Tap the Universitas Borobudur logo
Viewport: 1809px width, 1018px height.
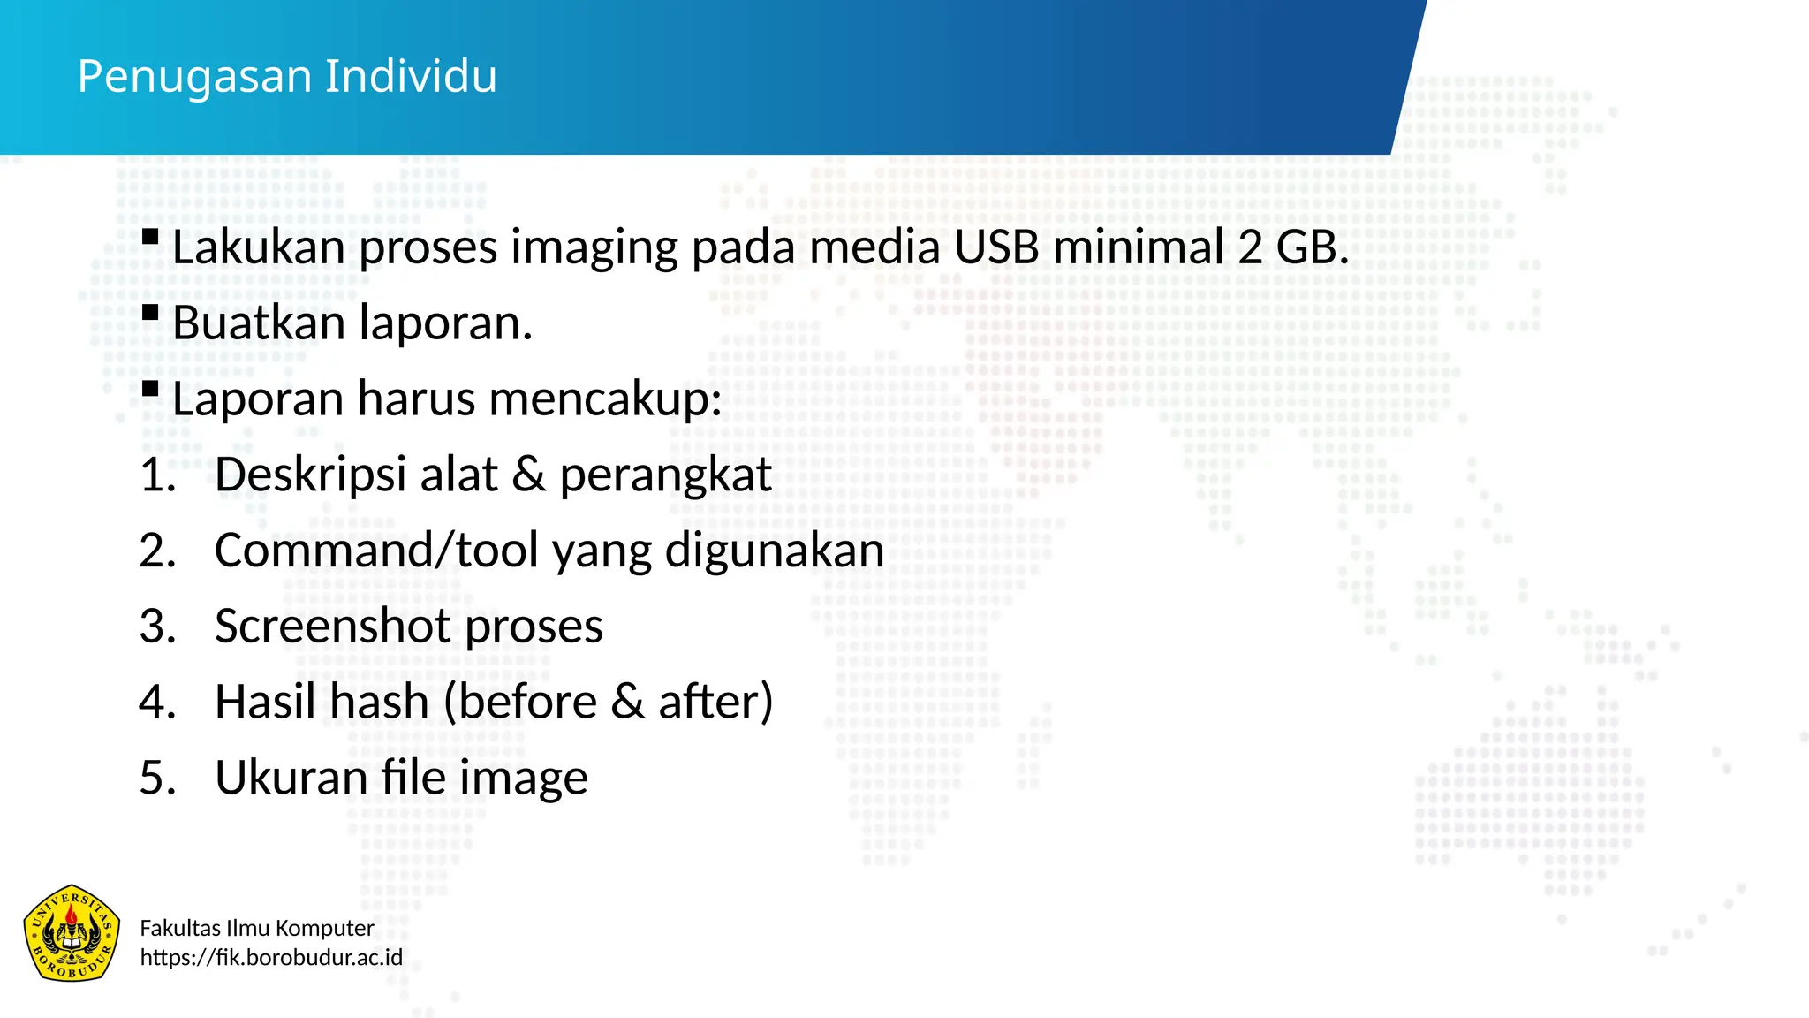tap(72, 933)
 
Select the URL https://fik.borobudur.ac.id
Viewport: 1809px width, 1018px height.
tap(271, 958)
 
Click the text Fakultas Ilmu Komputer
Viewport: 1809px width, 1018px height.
tap(257, 928)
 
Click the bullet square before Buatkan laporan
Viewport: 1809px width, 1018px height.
tap(150, 312)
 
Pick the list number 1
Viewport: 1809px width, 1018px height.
tap(156, 475)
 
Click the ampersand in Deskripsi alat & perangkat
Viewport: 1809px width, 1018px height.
tap(528, 475)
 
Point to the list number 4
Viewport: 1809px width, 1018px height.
tap(156, 703)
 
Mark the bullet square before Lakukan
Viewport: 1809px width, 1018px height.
tap(150, 236)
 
